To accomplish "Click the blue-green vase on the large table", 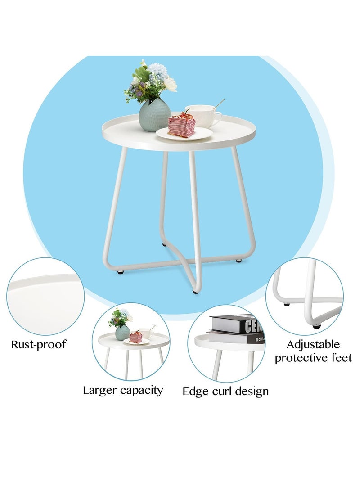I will pos(154,116).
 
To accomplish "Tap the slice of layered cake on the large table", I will pos(181,125).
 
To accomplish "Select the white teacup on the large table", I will pos(202,116).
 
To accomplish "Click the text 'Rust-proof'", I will pos(39,345).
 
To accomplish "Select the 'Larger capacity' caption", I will pos(122,390).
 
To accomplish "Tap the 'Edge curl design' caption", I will pos(225,391).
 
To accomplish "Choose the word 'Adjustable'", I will pos(313,345).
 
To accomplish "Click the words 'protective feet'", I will pos(313,358).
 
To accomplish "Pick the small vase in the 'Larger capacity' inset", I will pos(122,333).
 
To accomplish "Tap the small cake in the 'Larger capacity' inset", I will pos(135,337).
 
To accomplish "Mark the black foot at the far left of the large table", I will pos(121,272).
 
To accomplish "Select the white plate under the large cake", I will pos(184,134).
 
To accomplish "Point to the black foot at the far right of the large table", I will pos(238,261).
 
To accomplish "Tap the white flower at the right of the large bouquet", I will pos(170,84).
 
